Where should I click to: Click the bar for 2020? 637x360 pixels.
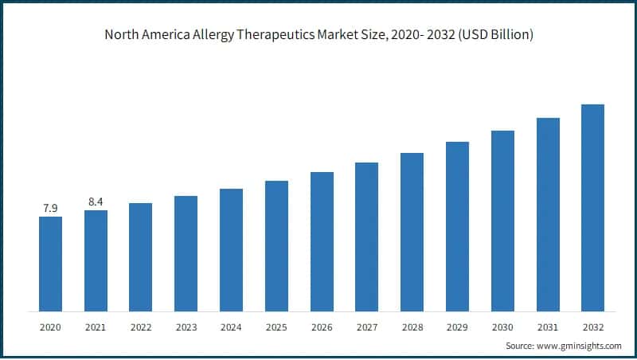coord(50,264)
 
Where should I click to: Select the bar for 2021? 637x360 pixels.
coord(96,260)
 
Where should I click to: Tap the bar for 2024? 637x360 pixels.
coord(231,250)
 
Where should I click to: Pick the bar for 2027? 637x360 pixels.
coord(366,237)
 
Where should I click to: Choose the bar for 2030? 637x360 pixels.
coord(502,221)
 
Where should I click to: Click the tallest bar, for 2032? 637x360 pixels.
coord(592,208)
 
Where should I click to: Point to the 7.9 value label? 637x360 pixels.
coord(50,209)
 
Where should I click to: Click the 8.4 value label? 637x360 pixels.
coord(96,202)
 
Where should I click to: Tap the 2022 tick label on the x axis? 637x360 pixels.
coord(141,327)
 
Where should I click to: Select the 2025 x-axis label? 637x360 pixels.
coord(276,327)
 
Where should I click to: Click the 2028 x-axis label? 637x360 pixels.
coord(412,327)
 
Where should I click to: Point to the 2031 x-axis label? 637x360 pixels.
coord(548,327)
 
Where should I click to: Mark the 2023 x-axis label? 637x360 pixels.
coord(186,327)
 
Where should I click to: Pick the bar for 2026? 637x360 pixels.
coord(322,241)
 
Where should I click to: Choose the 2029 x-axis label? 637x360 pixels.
coord(457,327)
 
